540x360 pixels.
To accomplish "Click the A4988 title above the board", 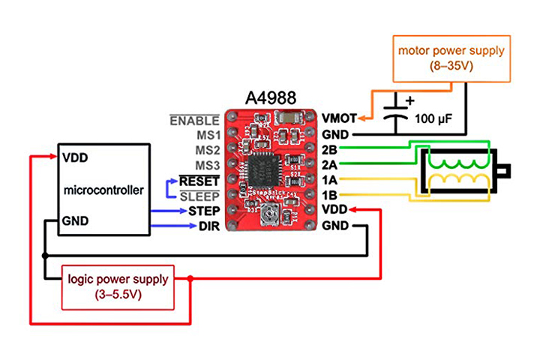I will click(271, 98).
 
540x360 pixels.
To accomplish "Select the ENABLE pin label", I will click(195, 120).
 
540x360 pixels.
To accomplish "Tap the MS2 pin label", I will click(207, 151).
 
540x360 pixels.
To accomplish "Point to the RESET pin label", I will click(199, 181).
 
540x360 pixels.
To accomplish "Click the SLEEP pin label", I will click(200, 196).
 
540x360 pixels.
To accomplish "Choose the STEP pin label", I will click(204, 211).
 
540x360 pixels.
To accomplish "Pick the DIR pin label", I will click(209, 226).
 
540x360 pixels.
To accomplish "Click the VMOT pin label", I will click(338, 118).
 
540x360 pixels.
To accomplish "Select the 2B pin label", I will click(329, 148).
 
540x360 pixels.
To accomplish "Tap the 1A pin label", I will click(329, 179).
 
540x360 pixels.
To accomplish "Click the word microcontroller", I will click(103, 190).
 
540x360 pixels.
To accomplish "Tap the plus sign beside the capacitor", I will click(409, 100).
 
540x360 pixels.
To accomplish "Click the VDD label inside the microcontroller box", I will click(76, 159).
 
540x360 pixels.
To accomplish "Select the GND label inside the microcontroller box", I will click(76, 220).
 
